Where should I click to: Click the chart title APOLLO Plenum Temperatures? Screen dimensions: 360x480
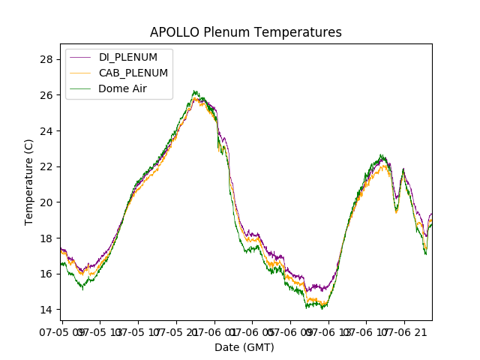[245, 32]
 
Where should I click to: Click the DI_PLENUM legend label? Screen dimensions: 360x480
[127, 57]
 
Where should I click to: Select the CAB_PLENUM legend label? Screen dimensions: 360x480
[133, 73]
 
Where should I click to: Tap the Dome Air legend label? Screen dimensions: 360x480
[121, 88]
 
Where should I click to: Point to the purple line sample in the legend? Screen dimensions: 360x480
[80, 57]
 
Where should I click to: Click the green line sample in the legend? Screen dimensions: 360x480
[80, 88]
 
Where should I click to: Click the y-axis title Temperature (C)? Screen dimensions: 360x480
[29, 182]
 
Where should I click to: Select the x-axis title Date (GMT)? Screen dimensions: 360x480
[244, 347]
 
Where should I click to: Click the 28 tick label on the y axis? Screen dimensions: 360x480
[47, 59]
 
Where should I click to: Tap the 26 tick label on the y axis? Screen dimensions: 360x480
[47, 95]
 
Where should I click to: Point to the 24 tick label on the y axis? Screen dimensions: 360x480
[47, 130]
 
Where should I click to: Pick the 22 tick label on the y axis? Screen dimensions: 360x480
[47, 166]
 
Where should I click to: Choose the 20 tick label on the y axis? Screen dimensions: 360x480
[47, 202]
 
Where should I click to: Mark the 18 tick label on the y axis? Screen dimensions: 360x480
[47, 238]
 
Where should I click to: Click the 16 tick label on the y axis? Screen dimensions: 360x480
[47, 274]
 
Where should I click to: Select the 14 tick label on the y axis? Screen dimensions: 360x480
[47, 310]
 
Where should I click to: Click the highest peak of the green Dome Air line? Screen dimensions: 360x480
[194, 91]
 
